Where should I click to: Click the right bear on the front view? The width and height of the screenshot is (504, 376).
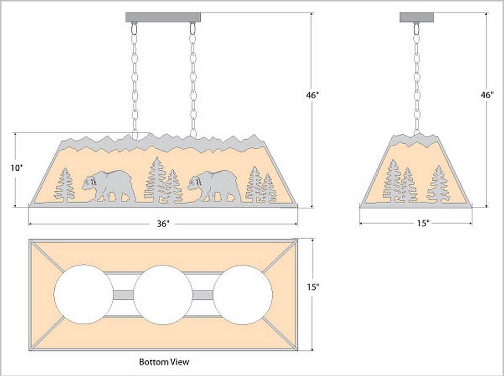(214, 186)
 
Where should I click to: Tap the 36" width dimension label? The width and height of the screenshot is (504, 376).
(163, 224)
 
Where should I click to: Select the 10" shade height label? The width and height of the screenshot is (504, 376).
(17, 168)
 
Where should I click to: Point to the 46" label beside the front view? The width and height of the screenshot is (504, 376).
(313, 96)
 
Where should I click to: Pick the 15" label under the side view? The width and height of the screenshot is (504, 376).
(423, 224)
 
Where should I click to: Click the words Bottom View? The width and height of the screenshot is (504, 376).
(164, 361)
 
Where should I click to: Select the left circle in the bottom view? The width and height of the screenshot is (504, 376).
(83, 294)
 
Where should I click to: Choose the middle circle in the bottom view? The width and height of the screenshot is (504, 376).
(163, 294)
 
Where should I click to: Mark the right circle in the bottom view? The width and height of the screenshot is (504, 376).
(243, 294)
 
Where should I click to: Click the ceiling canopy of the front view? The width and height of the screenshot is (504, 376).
(163, 17)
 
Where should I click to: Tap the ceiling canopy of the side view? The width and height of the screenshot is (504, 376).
(416, 17)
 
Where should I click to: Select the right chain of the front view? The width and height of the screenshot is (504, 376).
(193, 78)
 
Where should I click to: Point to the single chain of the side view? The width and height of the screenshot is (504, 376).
(416, 78)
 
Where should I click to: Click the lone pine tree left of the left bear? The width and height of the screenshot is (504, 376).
(65, 185)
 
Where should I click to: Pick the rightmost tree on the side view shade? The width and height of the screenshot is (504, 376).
(437, 185)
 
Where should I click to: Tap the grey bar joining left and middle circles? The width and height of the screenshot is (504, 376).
(124, 295)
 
